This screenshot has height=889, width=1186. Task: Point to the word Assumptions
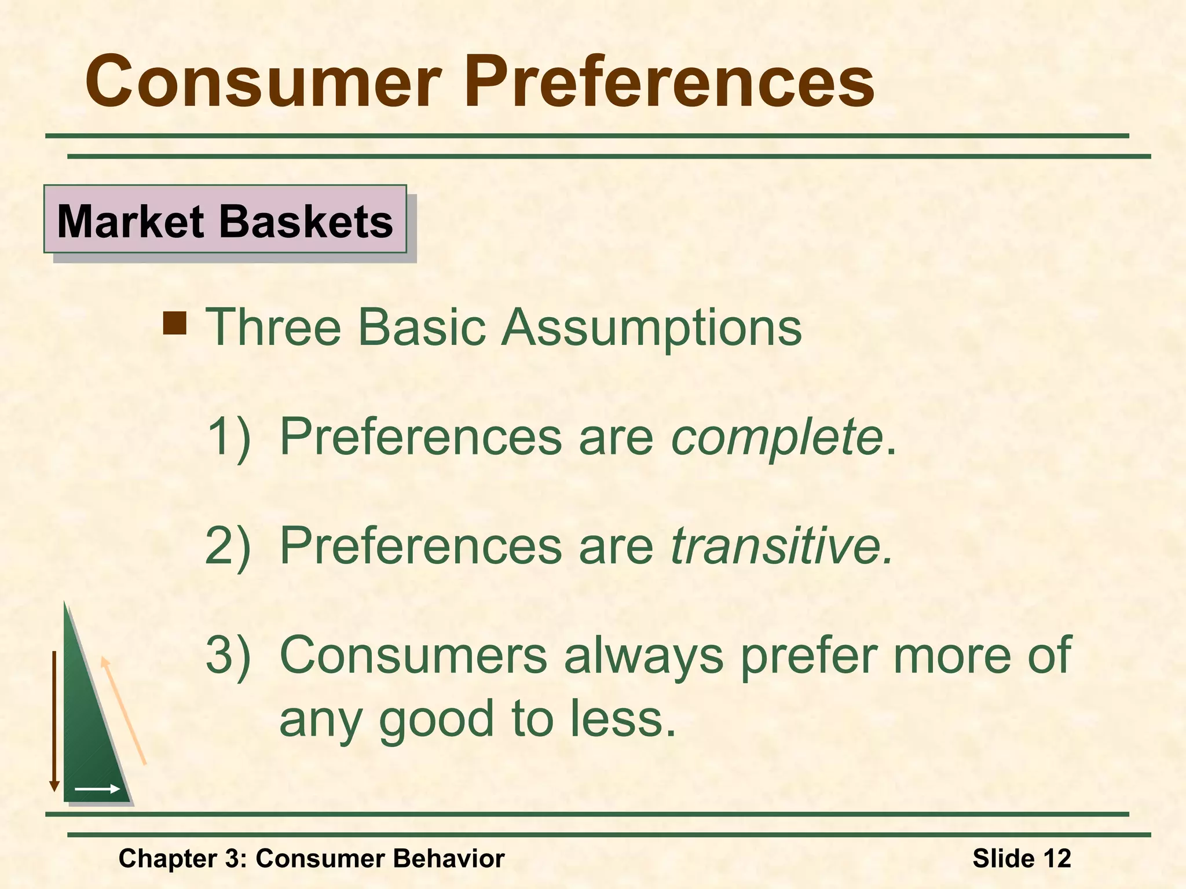[x=651, y=328]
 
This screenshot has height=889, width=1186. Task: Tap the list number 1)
[x=229, y=436]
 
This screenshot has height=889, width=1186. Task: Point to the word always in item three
[x=643, y=656]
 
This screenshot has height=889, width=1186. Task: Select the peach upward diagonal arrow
[x=123, y=711]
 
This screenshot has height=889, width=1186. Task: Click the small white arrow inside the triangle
[x=97, y=789]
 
